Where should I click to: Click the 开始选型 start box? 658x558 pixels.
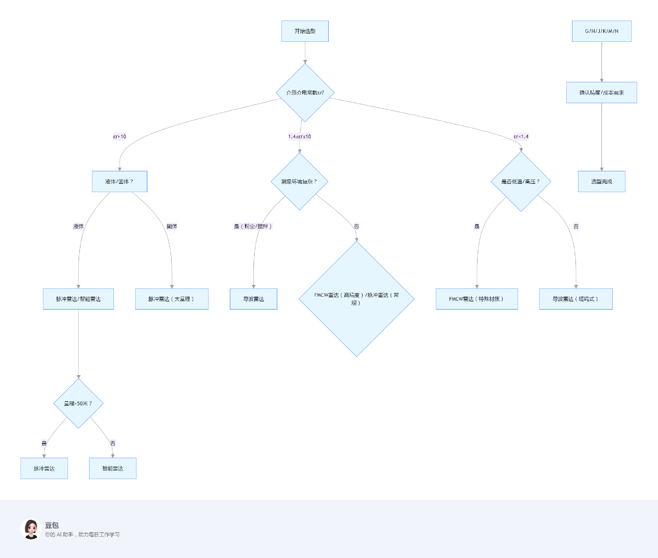(305, 31)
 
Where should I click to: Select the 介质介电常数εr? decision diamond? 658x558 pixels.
(305, 93)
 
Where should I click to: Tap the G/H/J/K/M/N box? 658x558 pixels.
(601, 31)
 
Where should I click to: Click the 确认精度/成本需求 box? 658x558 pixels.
(601, 93)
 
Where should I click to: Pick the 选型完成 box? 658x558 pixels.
(601, 181)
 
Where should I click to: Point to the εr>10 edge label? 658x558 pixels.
(120, 136)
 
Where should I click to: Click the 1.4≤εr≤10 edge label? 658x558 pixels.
(299, 136)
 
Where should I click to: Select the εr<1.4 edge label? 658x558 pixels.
(521, 136)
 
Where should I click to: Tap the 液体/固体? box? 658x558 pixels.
(119, 181)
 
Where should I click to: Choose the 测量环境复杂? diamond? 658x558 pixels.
(299, 181)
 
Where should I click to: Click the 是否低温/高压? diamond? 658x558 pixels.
(521, 181)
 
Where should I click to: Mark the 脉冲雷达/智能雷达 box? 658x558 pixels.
(78, 299)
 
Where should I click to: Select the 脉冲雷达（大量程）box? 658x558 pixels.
(171, 299)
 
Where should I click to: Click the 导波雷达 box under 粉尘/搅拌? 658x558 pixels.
(253, 299)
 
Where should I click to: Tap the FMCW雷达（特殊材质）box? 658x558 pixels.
(477, 299)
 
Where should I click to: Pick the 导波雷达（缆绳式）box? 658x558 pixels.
(576, 299)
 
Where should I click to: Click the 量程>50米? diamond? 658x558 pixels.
(78, 403)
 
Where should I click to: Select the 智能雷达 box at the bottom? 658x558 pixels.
(112, 468)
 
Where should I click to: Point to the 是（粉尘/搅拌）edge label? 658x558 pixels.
(253, 226)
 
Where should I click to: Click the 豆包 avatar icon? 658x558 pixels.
(31, 529)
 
